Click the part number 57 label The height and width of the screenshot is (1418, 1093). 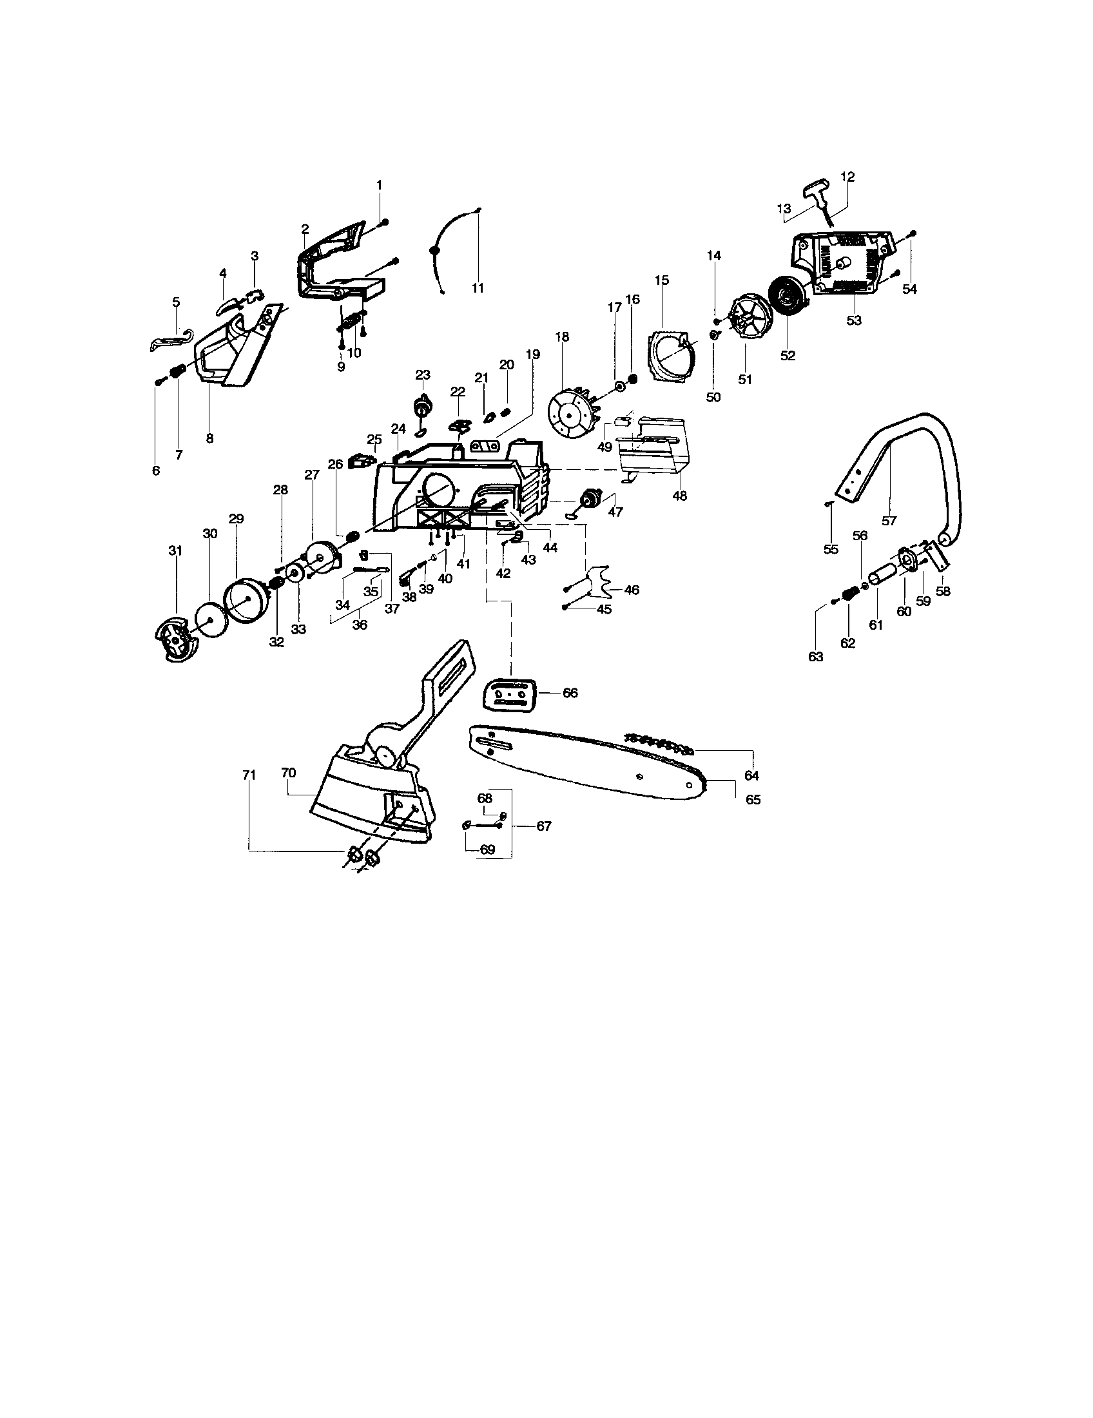[889, 521]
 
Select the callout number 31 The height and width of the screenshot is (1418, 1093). [175, 551]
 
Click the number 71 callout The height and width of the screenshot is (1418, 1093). [249, 775]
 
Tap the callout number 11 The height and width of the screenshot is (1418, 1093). [478, 288]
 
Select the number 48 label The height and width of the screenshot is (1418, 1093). [679, 496]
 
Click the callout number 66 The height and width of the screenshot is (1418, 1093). [570, 693]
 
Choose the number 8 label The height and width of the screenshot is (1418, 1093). [209, 438]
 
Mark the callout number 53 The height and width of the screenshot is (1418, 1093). [854, 320]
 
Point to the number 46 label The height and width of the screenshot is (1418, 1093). [631, 590]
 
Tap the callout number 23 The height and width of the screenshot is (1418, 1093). [423, 374]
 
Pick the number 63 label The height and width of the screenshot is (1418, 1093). [815, 656]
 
